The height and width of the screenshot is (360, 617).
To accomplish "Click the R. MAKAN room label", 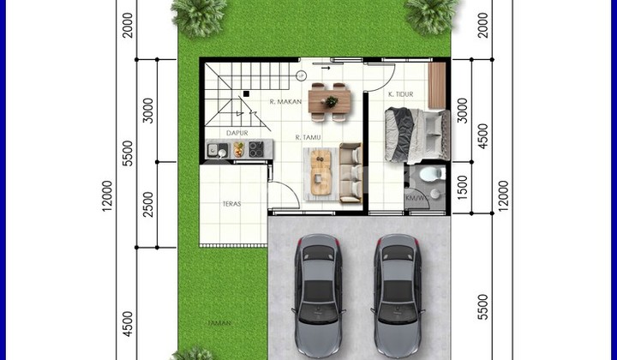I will [283, 102].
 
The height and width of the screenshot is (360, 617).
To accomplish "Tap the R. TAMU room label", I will [308, 137].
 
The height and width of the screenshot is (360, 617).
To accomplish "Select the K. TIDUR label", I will [402, 94].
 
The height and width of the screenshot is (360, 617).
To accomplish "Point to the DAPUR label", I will [238, 134].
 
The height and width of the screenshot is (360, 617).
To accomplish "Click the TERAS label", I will [230, 204].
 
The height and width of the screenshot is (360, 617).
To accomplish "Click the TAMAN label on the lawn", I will [217, 323].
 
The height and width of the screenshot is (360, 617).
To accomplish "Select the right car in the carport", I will [396, 296].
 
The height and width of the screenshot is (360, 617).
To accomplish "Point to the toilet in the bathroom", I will [428, 175].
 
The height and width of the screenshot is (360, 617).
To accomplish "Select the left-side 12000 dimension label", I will [107, 196].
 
